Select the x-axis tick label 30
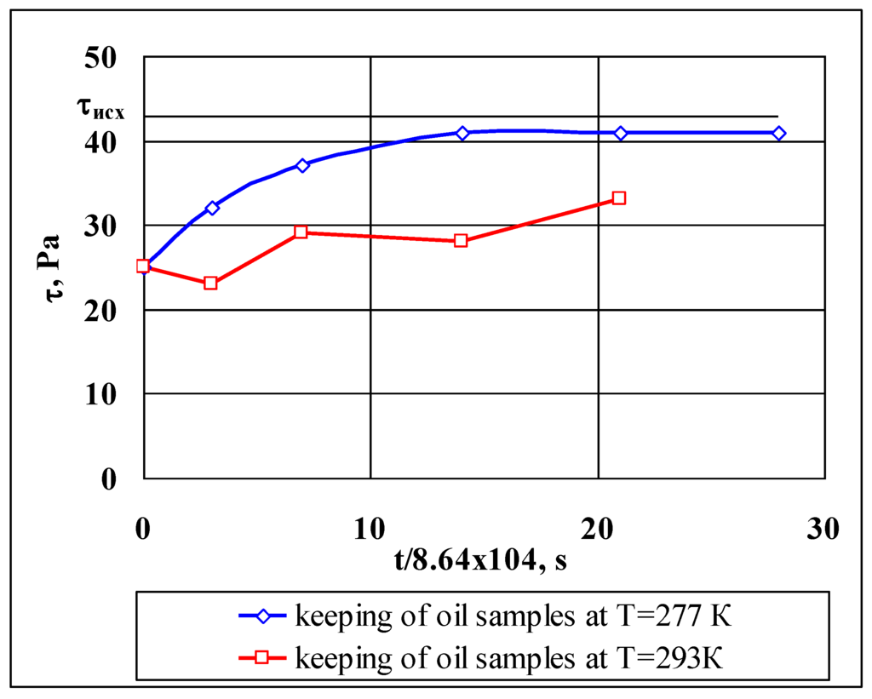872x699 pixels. point(823,529)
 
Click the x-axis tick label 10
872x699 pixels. point(371,529)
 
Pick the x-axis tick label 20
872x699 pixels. point(598,529)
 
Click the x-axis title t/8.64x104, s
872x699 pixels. point(481,560)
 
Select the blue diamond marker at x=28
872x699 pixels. point(779,134)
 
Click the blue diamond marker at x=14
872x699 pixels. point(462,134)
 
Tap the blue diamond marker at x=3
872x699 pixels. point(212,208)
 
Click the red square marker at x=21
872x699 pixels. point(619,198)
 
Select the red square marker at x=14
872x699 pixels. point(461,241)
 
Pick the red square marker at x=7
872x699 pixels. point(301,232)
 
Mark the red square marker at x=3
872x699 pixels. point(211,284)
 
